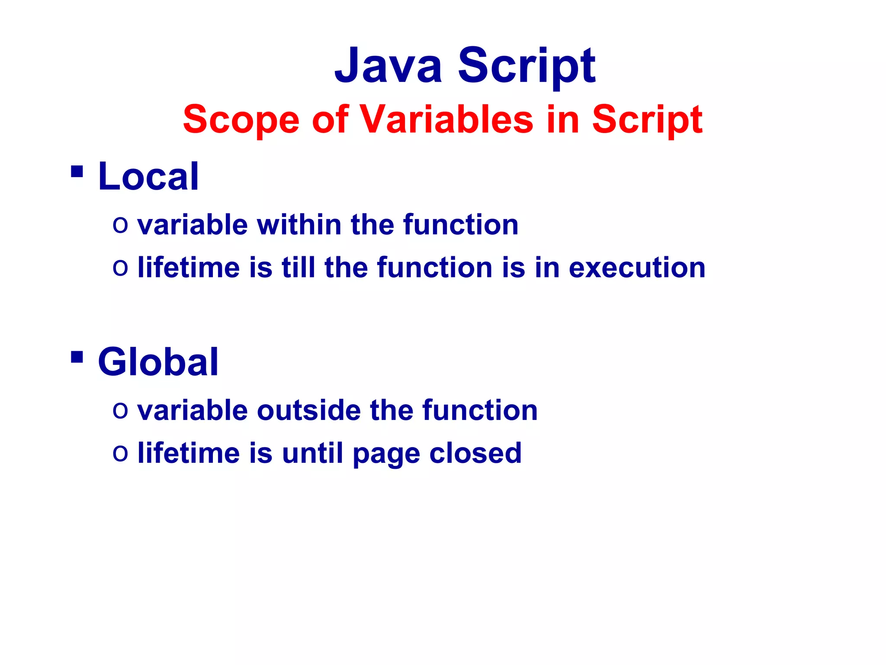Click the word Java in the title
388,66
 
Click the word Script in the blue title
526,66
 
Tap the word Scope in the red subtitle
241,119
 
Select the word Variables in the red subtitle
446,119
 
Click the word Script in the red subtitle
647,119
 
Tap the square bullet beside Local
77,172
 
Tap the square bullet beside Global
77,358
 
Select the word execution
637,268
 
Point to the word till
298,268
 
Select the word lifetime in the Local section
188,268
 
